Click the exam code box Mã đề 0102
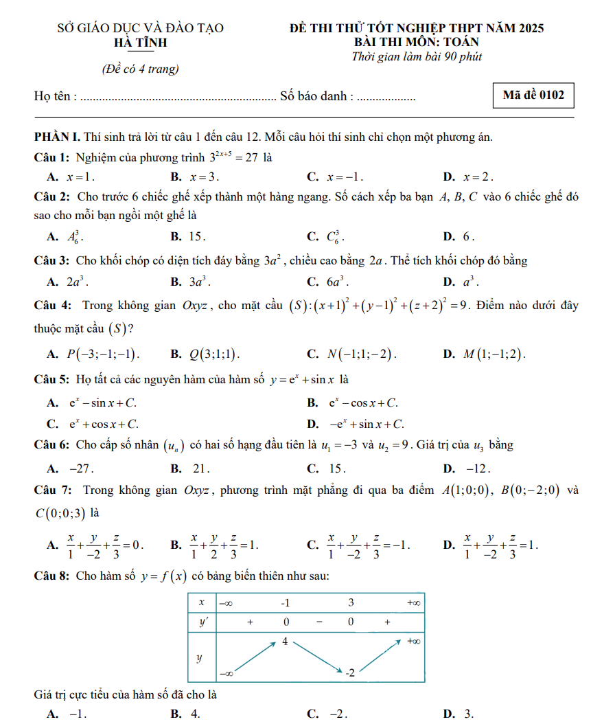(533, 96)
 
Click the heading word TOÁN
(457, 42)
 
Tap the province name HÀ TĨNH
(141, 43)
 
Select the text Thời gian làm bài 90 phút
(417, 57)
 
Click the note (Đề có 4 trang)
(140, 69)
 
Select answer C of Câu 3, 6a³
(338, 282)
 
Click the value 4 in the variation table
(284, 642)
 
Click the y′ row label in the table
(202, 622)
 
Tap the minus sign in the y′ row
(319, 622)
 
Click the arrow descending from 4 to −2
(317, 657)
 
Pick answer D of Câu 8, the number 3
(469, 714)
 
